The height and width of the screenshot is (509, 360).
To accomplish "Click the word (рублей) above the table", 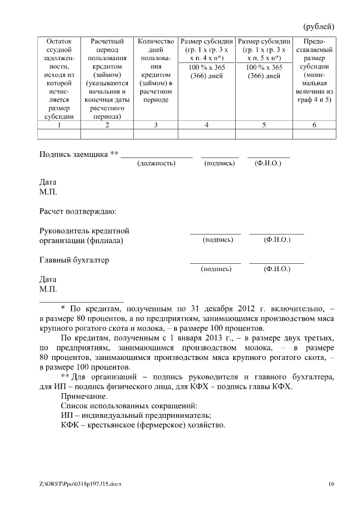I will [x=319, y=26].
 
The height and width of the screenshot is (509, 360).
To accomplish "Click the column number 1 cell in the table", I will [x=58, y=125].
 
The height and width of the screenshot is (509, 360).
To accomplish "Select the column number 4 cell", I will [x=206, y=125].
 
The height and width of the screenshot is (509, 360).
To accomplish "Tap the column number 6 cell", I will [x=314, y=125].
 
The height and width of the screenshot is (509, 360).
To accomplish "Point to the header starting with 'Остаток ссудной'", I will [x=58, y=79].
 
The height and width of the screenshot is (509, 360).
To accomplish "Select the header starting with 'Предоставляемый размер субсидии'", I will [x=314, y=70].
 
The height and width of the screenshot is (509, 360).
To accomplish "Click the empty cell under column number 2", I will [x=107, y=134].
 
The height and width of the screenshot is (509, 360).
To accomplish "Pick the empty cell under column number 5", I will [x=264, y=134].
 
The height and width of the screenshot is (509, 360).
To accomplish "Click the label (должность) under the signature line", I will [x=156, y=163].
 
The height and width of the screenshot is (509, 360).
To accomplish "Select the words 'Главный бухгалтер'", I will [x=74, y=260].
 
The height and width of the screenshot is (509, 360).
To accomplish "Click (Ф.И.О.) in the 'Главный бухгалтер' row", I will [x=277, y=269].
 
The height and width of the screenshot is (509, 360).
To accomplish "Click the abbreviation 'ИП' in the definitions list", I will [x=66, y=415].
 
